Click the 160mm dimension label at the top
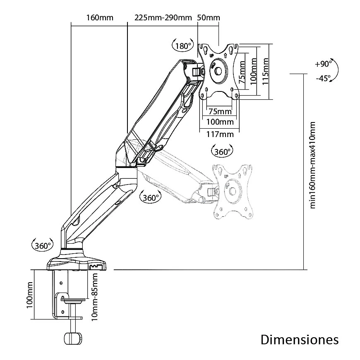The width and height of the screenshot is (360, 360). (100, 18)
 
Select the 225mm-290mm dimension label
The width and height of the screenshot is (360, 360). (163, 18)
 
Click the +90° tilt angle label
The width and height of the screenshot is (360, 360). (323, 64)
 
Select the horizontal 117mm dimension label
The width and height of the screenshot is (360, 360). (220, 134)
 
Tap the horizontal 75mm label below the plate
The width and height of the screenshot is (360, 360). (220, 111)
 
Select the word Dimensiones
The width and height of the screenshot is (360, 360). (300, 340)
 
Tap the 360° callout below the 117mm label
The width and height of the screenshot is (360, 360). (222, 151)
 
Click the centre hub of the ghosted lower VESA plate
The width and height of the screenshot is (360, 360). (232, 191)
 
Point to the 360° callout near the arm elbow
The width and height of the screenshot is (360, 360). (151, 197)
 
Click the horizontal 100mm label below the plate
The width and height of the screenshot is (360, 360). (220, 122)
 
